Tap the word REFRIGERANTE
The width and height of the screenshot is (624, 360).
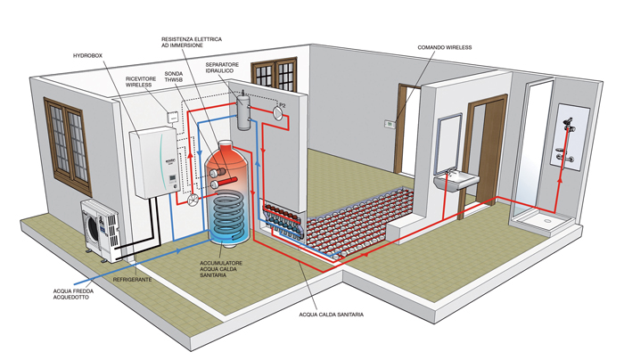[x=132, y=280]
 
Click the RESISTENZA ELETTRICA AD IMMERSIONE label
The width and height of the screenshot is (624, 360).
[x=191, y=44]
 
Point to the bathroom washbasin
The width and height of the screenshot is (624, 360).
[x=454, y=181]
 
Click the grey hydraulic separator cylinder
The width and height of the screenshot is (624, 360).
[x=244, y=113]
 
